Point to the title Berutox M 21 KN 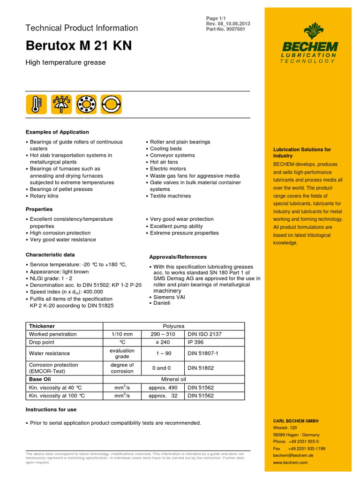pyautogui.click(x=78, y=46)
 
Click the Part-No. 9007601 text pyautogui.click(x=226, y=29)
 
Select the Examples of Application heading pyautogui.click(x=57, y=132)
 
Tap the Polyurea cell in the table pyautogui.click(x=173, y=326)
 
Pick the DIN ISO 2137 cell pyautogui.click(x=204, y=334)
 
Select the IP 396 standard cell pyautogui.click(x=197, y=343)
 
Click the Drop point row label pyautogui.click(x=42, y=343)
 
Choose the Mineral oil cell pyautogui.click(x=173, y=379)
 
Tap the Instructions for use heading pyautogui.click(x=51, y=409)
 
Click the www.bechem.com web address pyautogui.click(x=290, y=462)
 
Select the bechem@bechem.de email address pyautogui.click(x=293, y=455)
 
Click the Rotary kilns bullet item pyautogui.click(x=45, y=196)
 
